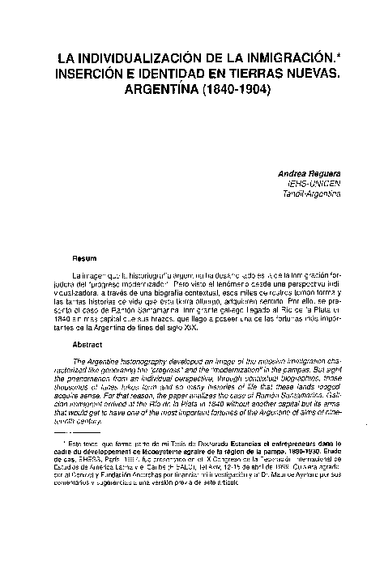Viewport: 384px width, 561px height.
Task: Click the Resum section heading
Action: pos(85,259)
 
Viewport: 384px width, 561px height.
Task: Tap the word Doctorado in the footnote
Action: pos(186,443)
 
